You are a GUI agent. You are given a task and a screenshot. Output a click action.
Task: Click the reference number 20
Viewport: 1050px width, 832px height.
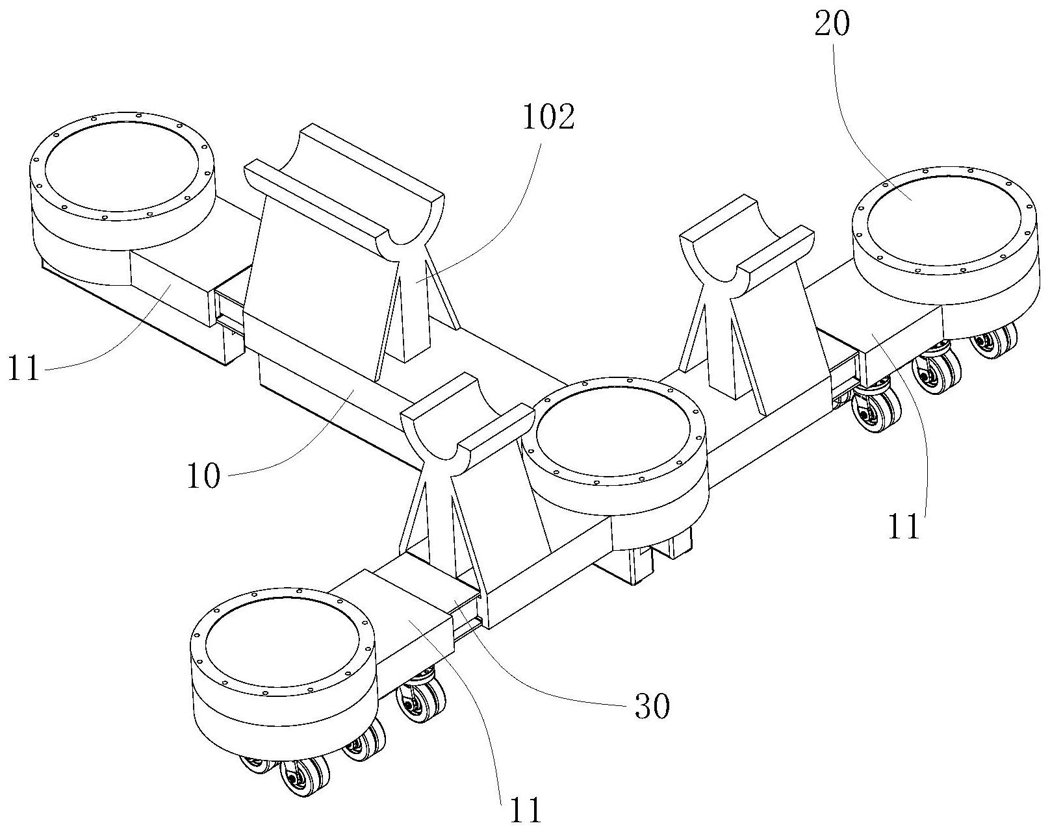point(832,25)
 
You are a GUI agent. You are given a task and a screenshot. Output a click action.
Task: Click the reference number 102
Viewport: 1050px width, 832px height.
point(548,118)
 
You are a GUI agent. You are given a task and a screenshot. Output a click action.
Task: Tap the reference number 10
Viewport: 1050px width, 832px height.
point(204,476)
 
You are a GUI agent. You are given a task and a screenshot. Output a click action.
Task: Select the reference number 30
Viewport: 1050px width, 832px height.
point(652,706)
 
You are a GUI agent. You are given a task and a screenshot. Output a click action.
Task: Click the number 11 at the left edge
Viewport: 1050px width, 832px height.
point(23,368)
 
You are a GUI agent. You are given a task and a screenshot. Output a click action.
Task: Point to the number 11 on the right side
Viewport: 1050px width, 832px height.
point(904,526)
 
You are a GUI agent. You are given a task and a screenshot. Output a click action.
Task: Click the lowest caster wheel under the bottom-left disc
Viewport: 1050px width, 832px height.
point(303,776)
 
